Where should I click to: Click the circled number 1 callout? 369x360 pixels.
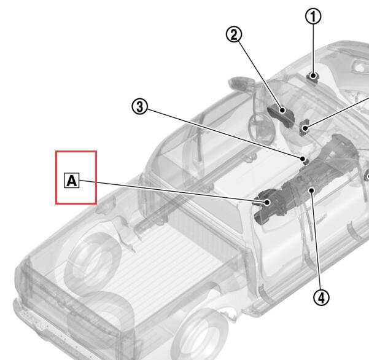pos(313,16)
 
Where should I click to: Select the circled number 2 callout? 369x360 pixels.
pos(234,34)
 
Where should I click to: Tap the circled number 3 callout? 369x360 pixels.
pos(140,107)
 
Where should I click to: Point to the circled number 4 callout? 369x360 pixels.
pos(322,297)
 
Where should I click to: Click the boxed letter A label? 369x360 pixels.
pos(72,181)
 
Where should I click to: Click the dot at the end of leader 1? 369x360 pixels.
pos(313,76)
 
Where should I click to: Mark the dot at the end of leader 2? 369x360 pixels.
pos(282,110)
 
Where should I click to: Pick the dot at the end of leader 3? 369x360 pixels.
pos(303,158)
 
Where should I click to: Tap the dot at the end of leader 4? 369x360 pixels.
pos(311,190)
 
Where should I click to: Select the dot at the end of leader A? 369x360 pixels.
pos(267,202)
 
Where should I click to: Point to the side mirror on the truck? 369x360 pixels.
pos(242,83)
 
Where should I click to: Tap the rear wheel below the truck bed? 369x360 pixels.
pos(200,334)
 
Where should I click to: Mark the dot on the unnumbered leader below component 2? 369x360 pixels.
pos(305,128)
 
